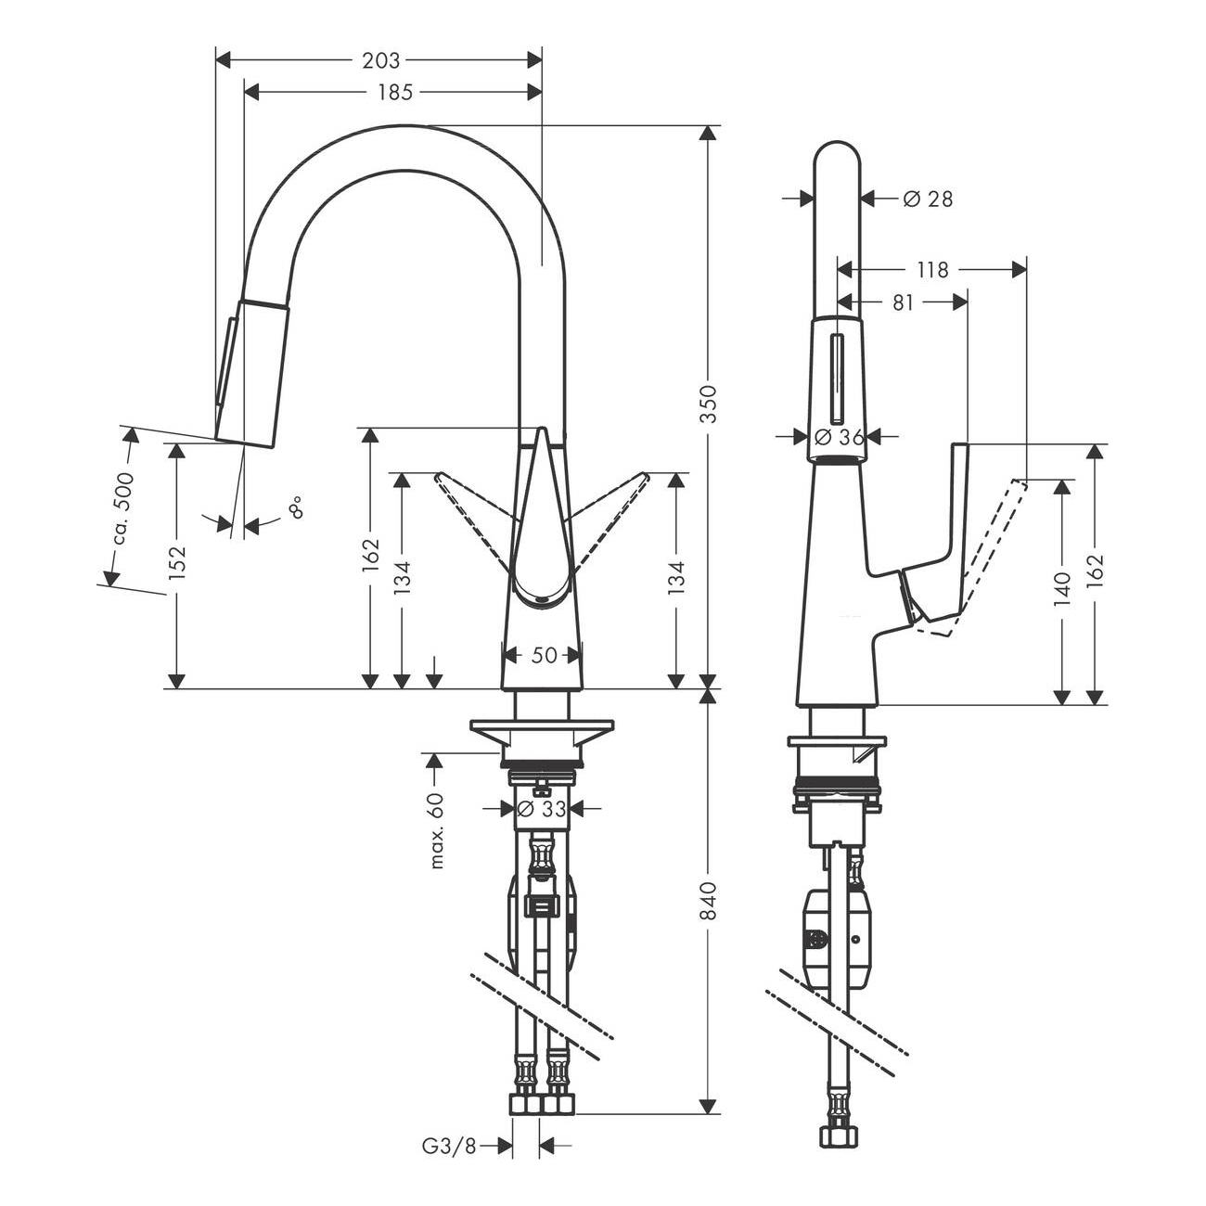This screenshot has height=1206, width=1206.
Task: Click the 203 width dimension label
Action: coord(380,60)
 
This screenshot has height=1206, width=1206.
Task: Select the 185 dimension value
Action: coord(395,92)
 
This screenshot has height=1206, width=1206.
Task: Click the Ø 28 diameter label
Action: coord(928,199)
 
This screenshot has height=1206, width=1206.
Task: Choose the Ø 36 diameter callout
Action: coord(840,436)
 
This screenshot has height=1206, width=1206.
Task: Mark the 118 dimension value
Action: coord(932,270)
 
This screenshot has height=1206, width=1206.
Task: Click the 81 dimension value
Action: coord(903,303)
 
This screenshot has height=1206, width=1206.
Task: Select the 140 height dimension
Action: coord(1062,589)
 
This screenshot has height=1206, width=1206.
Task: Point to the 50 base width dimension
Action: coord(544,655)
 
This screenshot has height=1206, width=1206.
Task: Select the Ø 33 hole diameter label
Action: coord(542,809)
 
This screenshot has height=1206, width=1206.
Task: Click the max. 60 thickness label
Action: coord(437,830)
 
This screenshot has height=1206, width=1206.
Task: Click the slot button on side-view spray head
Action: coord(836,379)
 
